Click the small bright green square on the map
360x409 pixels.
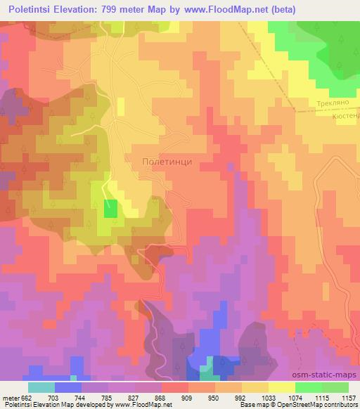coord(110,209)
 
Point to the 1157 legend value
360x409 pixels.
coord(349,397)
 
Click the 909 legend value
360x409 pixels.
coord(188,397)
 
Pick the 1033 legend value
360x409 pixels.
coord(269,397)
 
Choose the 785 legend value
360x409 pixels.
coord(108,397)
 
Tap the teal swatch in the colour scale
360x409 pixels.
coord(41,387)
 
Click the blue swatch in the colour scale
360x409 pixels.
coord(68,387)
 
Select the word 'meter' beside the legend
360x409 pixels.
coord(10,397)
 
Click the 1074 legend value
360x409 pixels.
coord(295,397)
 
